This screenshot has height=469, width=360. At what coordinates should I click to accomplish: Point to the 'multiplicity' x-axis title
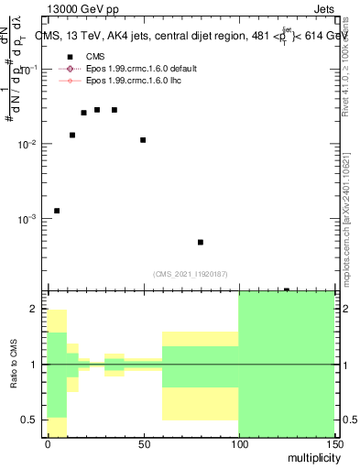pos(306,459)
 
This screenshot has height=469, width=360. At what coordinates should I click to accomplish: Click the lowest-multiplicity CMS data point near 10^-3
pos(57,211)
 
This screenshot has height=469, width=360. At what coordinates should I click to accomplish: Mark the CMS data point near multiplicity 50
pos(143,140)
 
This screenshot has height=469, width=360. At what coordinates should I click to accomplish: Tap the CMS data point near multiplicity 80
pos(200,243)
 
